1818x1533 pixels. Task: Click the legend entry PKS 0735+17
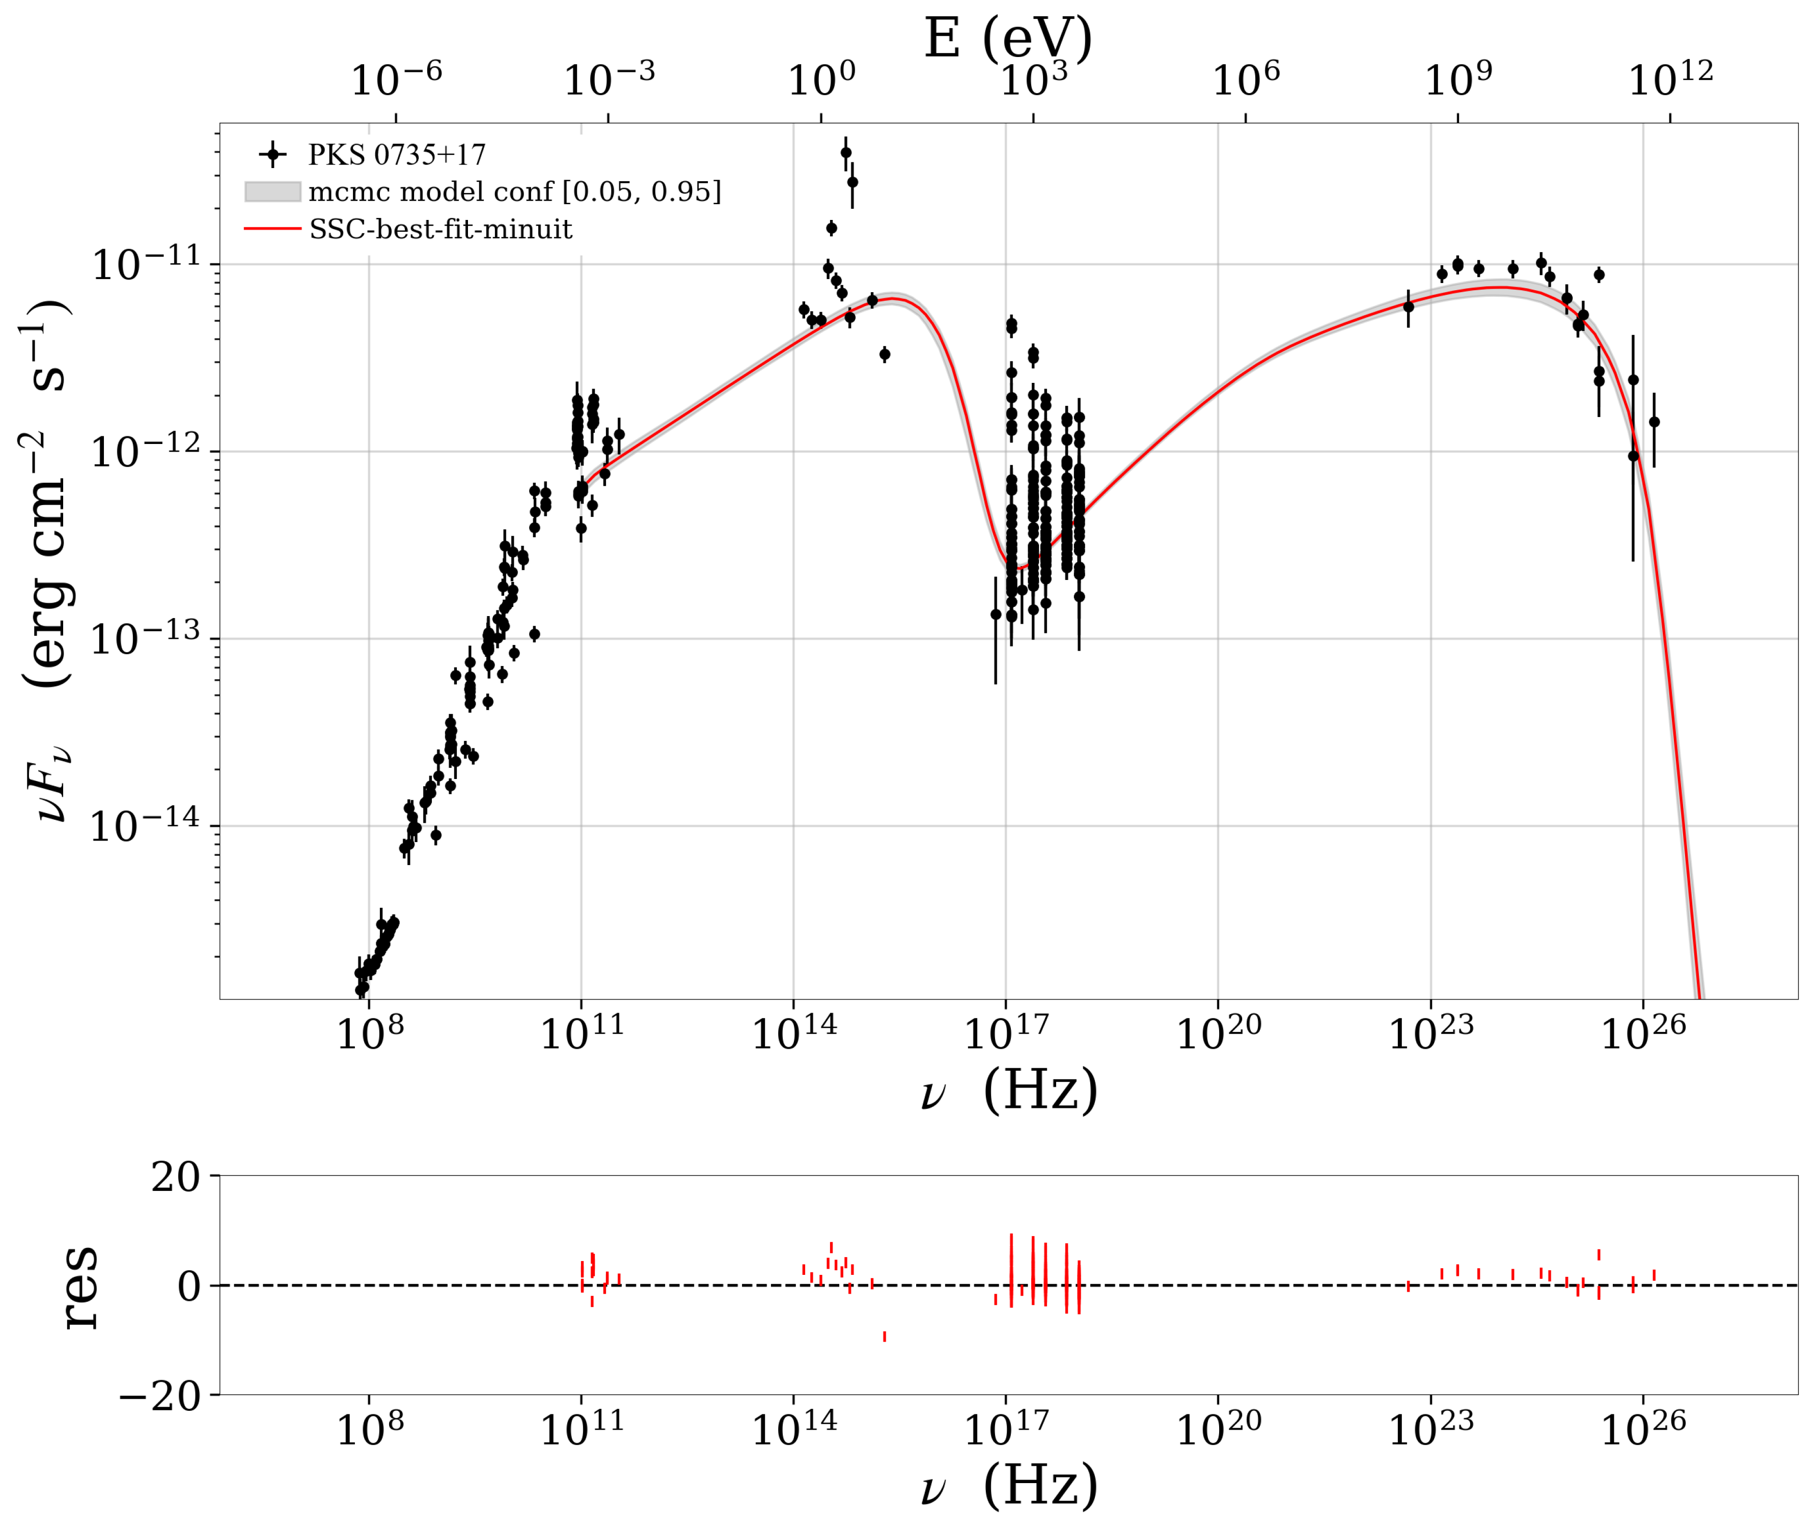point(396,155)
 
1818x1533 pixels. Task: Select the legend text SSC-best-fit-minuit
point(440,230)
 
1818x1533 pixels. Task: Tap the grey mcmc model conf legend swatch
point(273,192)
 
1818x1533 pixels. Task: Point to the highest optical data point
point(845,153)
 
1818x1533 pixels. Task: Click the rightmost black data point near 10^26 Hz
point(1654,423)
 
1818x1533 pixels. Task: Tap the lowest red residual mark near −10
point(885,1336)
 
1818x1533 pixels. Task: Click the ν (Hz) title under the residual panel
point(1008,1488)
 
